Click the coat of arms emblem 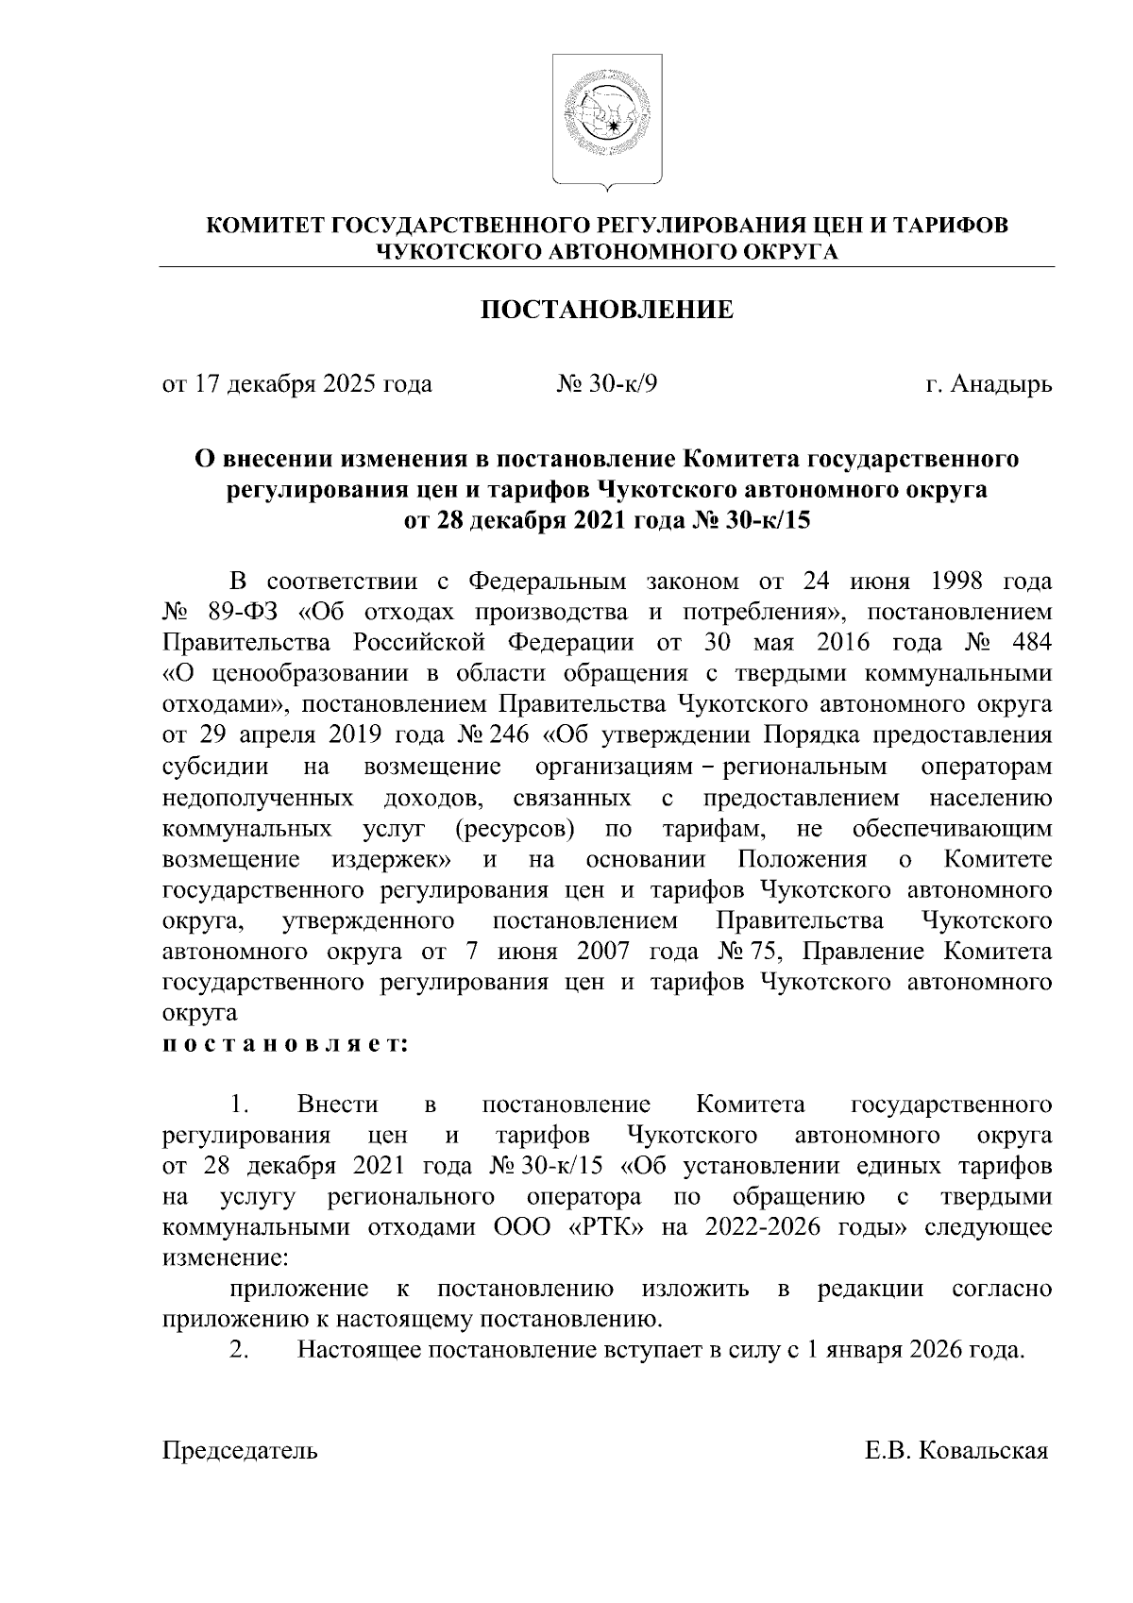click(x=605, y=121)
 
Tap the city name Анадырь click(x=1001, y=384)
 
